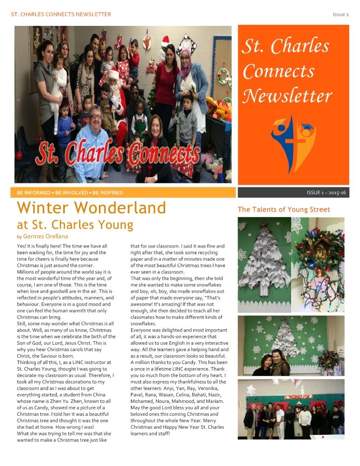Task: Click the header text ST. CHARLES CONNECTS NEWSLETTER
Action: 61,14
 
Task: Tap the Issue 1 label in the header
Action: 340,14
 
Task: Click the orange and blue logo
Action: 293,137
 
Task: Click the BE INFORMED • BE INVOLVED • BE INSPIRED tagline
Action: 70,193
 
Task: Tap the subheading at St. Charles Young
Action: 75,225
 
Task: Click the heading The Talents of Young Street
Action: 283,210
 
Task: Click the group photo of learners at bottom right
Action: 291,409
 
